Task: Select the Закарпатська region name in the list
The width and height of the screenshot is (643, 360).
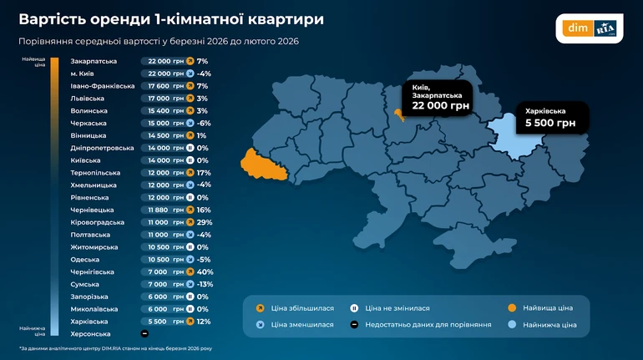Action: pyautogui.click(x=94, y=61)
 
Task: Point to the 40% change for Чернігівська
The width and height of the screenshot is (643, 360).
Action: pyautogui.click(x=203, y=271)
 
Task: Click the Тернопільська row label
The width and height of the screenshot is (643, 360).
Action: pyautogui.click(x=98, y=173)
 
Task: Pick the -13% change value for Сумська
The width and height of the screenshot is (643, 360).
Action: pyautogui.click(x=205, y=284)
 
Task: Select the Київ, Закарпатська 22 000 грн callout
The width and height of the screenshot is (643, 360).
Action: pyautogui.click(x=436, y=97)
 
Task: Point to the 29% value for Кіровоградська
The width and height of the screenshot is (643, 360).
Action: pyautogui.click(x=203, y=222)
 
